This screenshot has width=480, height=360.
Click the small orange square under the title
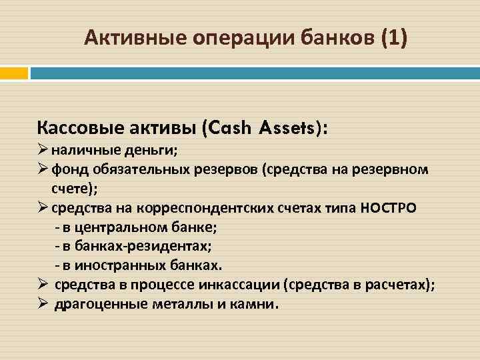(14, 71)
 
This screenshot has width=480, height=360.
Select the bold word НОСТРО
(389, 208)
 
